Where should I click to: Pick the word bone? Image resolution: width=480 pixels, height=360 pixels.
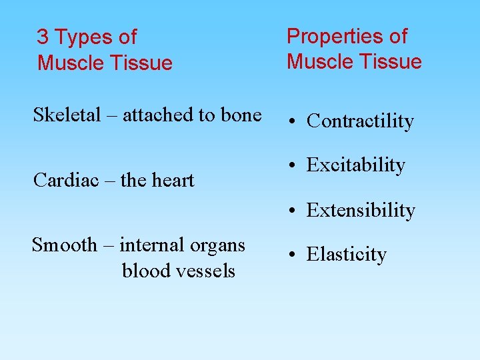point(241,115)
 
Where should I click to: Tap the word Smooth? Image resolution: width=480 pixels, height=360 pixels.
point(65,245)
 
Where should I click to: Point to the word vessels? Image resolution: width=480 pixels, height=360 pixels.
point(206,271)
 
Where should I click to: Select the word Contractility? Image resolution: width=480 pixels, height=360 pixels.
point(360,121)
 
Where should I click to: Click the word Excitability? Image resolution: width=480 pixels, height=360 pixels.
point(355,165)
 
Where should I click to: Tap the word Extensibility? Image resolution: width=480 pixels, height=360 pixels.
point(361,211)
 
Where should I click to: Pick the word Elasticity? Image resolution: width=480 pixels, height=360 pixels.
point(346,255)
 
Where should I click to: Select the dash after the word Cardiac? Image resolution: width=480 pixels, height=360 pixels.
point(105,181)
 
